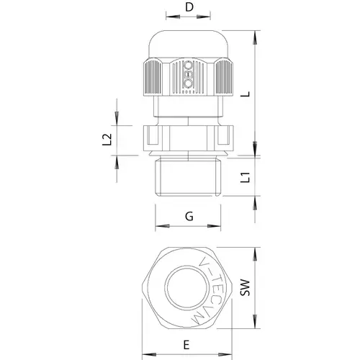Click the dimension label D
pyautogui.click(x=189, y=7)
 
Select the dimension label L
pyautogui.click(x=246, y=94)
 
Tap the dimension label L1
pyautogui.click(x=246, y=177)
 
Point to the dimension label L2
pyautogui.click(x=107, y=140)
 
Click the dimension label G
pyautogui.click(x=189, y=217)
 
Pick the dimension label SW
pyautogui.click(x=246, y=287)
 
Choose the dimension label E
pyautogui.click(x=186, y=345)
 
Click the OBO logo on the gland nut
pyautogui.click(x=188, y=74)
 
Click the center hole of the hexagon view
pyautogui.click(x=186, y=288)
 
